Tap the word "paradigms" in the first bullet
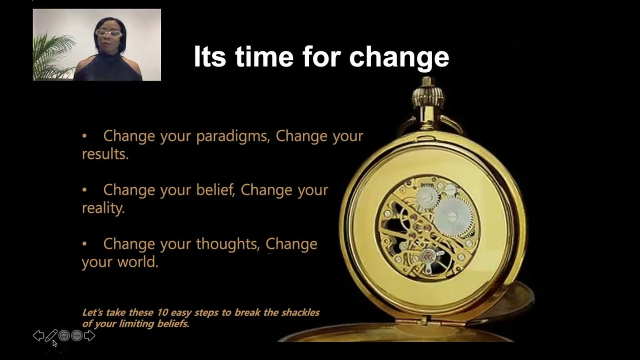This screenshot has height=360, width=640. coord(233,136)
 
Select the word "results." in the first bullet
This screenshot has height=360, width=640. coord(105,154)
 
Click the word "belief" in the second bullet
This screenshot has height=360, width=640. coord(215,190)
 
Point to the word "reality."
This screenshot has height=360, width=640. coord(103,208)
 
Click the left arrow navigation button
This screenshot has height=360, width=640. coord(38,335)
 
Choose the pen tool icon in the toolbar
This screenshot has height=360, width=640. coord(51,335)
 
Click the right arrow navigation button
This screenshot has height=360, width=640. coord(90,335)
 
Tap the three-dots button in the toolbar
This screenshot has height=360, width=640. coord(77,335)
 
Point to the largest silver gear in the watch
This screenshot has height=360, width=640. coord(453,216)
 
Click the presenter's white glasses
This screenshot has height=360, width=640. coord(108,33)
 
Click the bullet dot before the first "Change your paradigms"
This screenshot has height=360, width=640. coord(84,136)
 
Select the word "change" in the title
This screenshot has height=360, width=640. coord(399,57)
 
